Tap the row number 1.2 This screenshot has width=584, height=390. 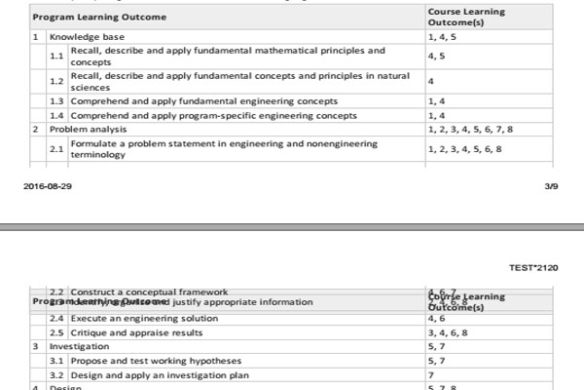click(56, 81)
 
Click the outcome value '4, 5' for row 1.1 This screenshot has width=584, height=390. click(436, 56)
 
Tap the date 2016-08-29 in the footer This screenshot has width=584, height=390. click(48, 185)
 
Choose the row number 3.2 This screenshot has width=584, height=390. click(56, 374)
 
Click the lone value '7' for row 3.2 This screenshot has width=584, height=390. click(430, 374)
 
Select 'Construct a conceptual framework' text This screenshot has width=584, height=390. click(149, 292)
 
